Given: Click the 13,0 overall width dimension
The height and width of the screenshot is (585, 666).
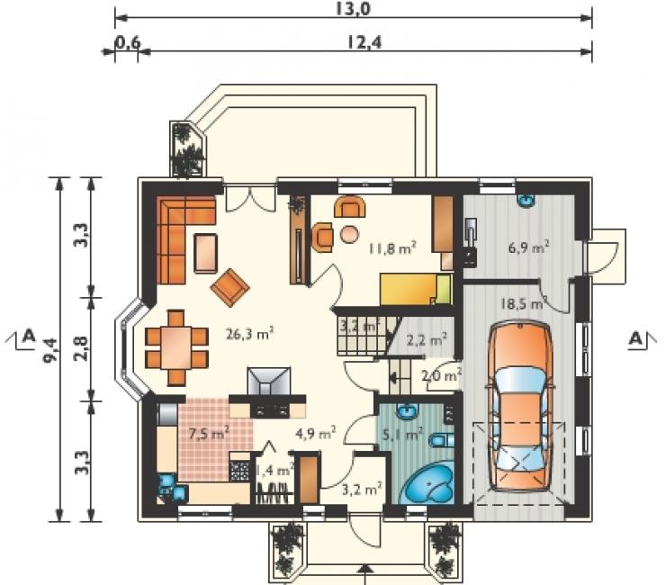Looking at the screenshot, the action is [353, 8].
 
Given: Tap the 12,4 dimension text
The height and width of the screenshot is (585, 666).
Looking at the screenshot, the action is [364, 42].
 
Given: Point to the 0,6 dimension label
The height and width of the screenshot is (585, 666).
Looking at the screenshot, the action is [128, 43].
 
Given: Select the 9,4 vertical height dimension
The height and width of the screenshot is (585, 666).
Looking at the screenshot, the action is [50, 349].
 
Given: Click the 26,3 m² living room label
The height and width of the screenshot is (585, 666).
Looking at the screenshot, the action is [250, 334].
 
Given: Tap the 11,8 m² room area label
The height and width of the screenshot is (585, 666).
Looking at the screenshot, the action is [391, 247].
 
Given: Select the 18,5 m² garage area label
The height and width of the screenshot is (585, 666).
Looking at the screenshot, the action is [523, 304].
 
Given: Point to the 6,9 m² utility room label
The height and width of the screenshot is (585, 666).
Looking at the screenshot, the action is [529, 247].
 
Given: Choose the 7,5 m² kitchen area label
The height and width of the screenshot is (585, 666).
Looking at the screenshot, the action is [209, 433].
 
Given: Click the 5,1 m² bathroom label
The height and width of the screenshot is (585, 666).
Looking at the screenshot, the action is [401, 434].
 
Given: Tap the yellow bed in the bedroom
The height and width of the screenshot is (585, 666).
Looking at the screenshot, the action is [415, 289].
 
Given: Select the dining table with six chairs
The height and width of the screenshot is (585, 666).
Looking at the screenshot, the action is [176, 347].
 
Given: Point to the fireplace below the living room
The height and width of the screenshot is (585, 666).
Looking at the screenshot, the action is [269, 381].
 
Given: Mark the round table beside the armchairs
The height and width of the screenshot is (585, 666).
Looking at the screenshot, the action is [349, 234].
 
